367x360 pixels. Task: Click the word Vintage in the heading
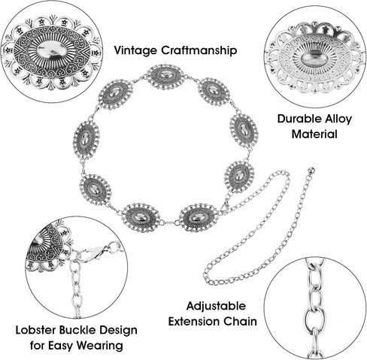[x=135, y=50]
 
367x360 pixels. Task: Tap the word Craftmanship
[x=199, y=50]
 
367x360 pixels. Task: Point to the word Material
[x=314, y=134]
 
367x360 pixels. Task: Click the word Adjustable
[x=216, y=307]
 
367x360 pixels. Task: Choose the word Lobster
[x=36, y=330]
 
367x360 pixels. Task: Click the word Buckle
[x=77, y=330]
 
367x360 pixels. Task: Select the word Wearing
[x=99, y=346]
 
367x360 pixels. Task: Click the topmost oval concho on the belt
[x=165, y=77]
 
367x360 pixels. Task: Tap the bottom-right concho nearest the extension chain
[x=198, y=217]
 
